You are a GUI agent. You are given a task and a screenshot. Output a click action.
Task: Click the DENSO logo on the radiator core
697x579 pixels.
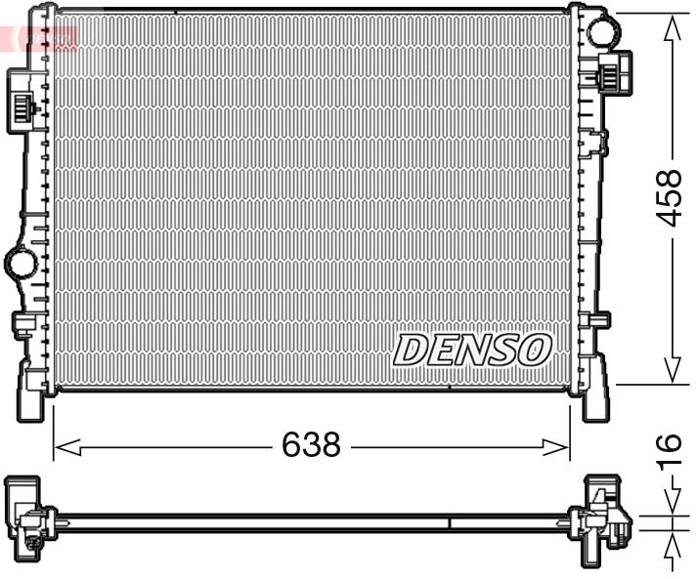point(473,349)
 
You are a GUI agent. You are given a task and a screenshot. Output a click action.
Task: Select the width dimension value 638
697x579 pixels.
point(311,446)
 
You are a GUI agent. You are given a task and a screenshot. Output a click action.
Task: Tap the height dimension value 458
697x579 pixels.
point(669,198)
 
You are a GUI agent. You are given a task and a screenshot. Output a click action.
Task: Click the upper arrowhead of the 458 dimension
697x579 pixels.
point(671,29)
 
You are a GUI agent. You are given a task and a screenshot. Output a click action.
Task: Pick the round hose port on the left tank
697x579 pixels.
point(20,262)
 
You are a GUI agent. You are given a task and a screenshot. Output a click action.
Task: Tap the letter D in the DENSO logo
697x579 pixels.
point(409,350)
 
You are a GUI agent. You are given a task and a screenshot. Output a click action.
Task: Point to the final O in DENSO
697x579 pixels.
point(536,349)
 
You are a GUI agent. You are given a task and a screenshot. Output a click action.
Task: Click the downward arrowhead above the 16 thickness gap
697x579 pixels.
point(671,502)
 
